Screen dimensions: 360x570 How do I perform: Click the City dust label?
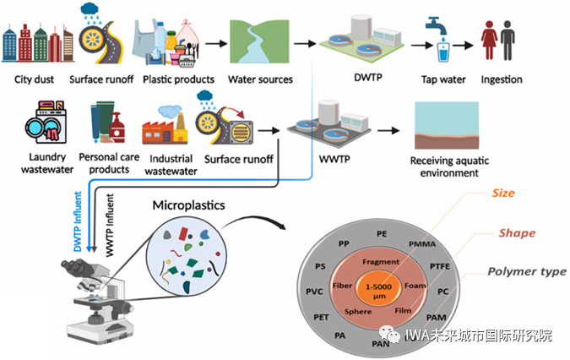pyautogui.click(x=34, y=80)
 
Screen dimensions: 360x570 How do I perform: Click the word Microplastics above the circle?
pyautogui.click(x=188, y=205)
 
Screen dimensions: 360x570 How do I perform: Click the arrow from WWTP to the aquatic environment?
pyautogui.click(x=387, y=131)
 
